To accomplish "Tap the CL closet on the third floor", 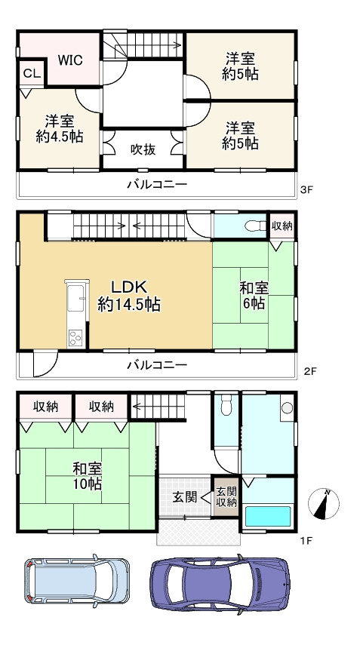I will coord(31,73).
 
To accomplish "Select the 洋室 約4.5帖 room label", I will coord(59,128).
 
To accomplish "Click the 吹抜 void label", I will coord(143,149).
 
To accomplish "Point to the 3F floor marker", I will coord(306,190).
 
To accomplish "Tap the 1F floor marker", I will coord(306,541).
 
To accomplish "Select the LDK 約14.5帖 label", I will coord(128,296).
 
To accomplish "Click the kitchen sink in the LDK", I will coord(77,302).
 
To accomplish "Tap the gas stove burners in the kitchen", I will coord(76,337).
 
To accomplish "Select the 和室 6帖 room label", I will coord(252,295).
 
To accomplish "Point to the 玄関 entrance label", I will coord(184,496).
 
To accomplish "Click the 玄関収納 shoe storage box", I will coord(226,496).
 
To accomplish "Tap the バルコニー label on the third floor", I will coord(156,183).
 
